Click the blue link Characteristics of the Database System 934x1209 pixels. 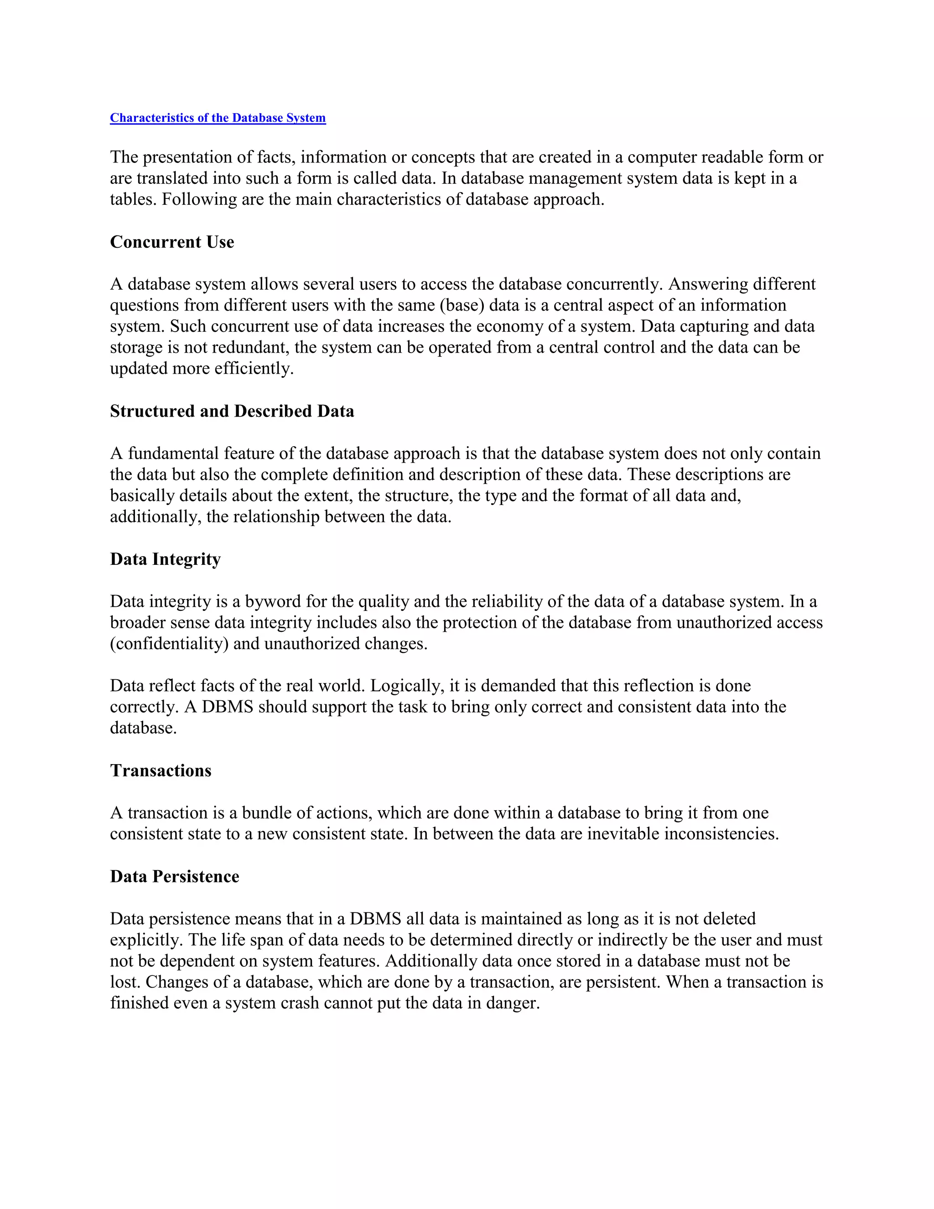[218, 118]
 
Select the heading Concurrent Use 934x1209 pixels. [172, 242]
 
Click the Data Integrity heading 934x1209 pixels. [165, 559]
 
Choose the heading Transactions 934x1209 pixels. [161, 771]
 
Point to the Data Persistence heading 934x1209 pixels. [174, 876]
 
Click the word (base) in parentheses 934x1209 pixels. [462, 305]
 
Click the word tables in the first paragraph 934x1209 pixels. [133, 199]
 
